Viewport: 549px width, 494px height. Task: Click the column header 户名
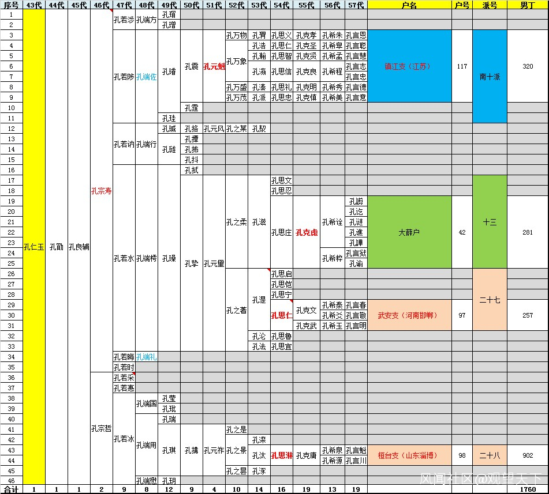tap(409, 5)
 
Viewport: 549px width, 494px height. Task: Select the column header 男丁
tap(527, 5)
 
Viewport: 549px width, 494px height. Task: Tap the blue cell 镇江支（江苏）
tap(409, 66)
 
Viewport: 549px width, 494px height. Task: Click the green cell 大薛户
tap(409, 232)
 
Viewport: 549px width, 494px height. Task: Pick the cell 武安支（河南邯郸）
tap(409, 315)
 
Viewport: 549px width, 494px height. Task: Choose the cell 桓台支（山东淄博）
tap(409, 455)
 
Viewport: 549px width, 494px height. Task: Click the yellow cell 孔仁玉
tap(33, 247)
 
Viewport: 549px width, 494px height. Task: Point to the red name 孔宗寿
tap(101, 191)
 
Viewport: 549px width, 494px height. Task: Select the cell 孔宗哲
tap(101, 428)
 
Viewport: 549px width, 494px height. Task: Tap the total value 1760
tap(527, 489)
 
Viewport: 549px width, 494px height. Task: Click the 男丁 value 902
tap(527, 455)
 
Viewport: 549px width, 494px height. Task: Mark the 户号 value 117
tap(461, 66)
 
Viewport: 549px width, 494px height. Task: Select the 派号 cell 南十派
tap(490, 76)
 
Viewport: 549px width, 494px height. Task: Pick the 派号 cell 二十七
tap(490, 300)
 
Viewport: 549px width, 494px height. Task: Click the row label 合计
tap(11, 489)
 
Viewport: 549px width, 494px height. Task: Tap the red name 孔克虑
tap(306, 232)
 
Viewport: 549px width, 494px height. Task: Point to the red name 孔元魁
tap(214, 66)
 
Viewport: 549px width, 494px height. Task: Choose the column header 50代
tap(191, 5)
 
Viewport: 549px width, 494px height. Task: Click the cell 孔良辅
tap(79, 247)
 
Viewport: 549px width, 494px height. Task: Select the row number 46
tap(11, 480)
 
